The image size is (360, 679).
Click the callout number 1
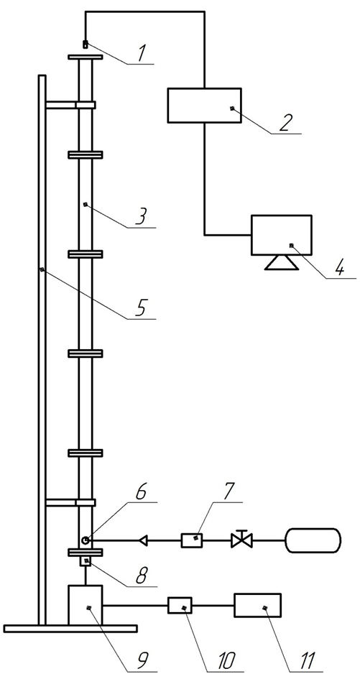pyautogui.click(x=142, y=53)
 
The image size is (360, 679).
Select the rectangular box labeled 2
pyautogui.click(x=204, y=105)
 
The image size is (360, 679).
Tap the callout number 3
pyautogui.click(x=142, y=216)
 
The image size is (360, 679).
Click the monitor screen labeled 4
pyautogui.click(x=282, y=235)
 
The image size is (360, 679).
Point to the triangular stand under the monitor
pyautogui.click(x=282, y=262)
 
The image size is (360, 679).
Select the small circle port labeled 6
pyautogui.click(x=86, y=540)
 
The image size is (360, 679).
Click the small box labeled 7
pyautogui.click(x=193, y=540)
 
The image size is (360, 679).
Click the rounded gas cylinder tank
pyautogui.click(x=313, y=540)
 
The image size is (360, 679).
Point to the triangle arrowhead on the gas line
pyautogui.click(x=142, y=540)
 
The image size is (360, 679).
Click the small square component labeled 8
pyautogui.click(x=86, y=562)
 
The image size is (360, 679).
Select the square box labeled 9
pyautogui.click(x=86, y=605)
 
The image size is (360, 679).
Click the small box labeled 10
pyautogui.click(x=180, y=605)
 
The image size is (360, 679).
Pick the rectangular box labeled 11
pyautogui.click(x=257, y=605)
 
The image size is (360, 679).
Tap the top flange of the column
pyautogui.click(x=86, y=57)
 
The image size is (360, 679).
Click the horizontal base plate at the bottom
pyautogui.click(x=70, y=628)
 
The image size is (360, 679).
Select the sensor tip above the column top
pyautogui.click(x=86, y=44)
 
